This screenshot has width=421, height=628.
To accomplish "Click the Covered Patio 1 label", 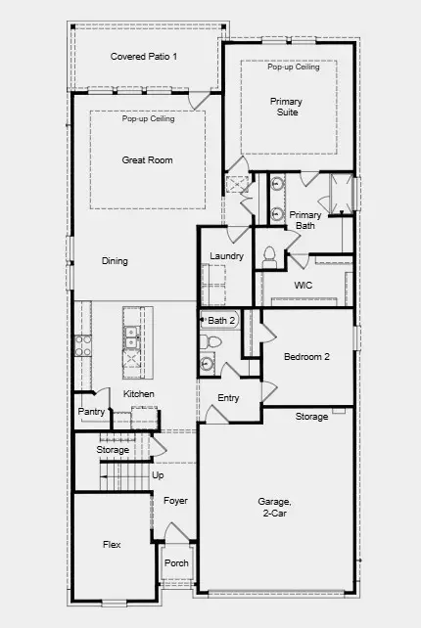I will (144, 57).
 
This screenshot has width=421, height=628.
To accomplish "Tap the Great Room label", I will (148, 159).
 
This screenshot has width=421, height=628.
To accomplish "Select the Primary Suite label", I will (286, 107).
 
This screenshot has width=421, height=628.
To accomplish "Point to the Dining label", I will (115, 261).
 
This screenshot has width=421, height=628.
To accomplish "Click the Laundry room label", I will (226, 256).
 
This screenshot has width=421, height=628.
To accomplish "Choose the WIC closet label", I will (304, 286).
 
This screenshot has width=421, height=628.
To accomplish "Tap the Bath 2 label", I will (222, 320).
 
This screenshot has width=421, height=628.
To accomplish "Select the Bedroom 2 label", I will (306, 357).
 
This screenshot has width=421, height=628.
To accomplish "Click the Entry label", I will (228, 398).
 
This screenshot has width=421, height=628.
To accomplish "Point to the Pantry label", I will (91, 412).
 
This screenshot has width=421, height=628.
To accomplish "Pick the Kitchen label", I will (139, 394).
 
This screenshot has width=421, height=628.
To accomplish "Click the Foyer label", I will (175, 501).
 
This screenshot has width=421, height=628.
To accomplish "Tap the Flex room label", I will (113, 544).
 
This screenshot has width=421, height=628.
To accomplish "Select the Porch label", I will (176, 563).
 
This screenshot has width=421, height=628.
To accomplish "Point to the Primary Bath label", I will (305, 220).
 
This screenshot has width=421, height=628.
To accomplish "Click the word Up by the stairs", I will (158, 474).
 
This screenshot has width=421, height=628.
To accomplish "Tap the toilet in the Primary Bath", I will (269, 255).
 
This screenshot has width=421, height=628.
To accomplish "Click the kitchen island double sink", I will (130, 337).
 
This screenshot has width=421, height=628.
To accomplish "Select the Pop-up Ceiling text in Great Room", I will (149, 118).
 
